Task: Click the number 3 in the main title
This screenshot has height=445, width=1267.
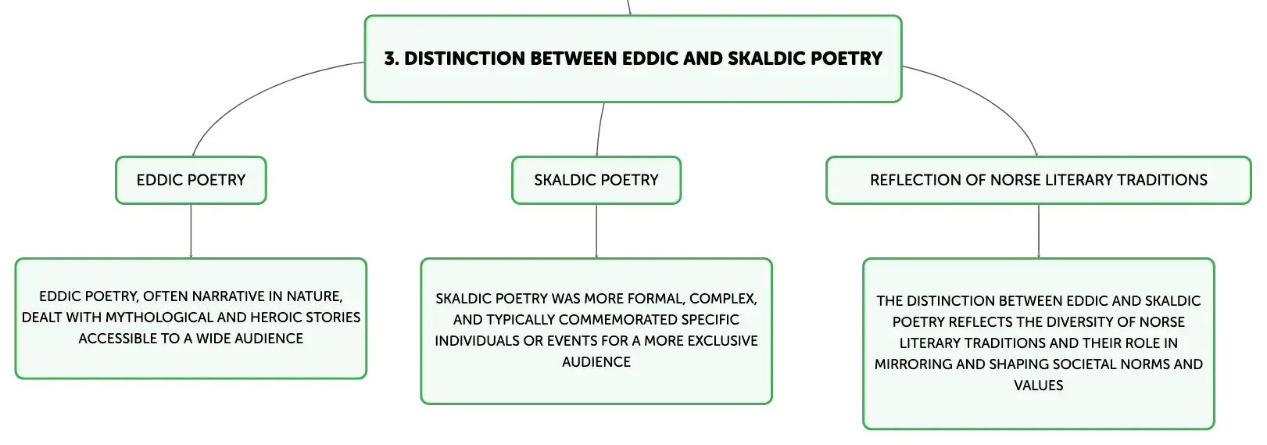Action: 390,59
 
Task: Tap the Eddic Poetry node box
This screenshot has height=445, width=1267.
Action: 191,180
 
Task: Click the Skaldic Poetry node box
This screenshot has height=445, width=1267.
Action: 596,180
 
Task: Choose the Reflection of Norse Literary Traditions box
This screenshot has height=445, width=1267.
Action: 1039,180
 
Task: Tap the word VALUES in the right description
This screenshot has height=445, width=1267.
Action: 1039,386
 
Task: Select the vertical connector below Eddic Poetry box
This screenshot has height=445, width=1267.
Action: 191,231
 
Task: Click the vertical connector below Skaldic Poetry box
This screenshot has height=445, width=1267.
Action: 596,231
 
